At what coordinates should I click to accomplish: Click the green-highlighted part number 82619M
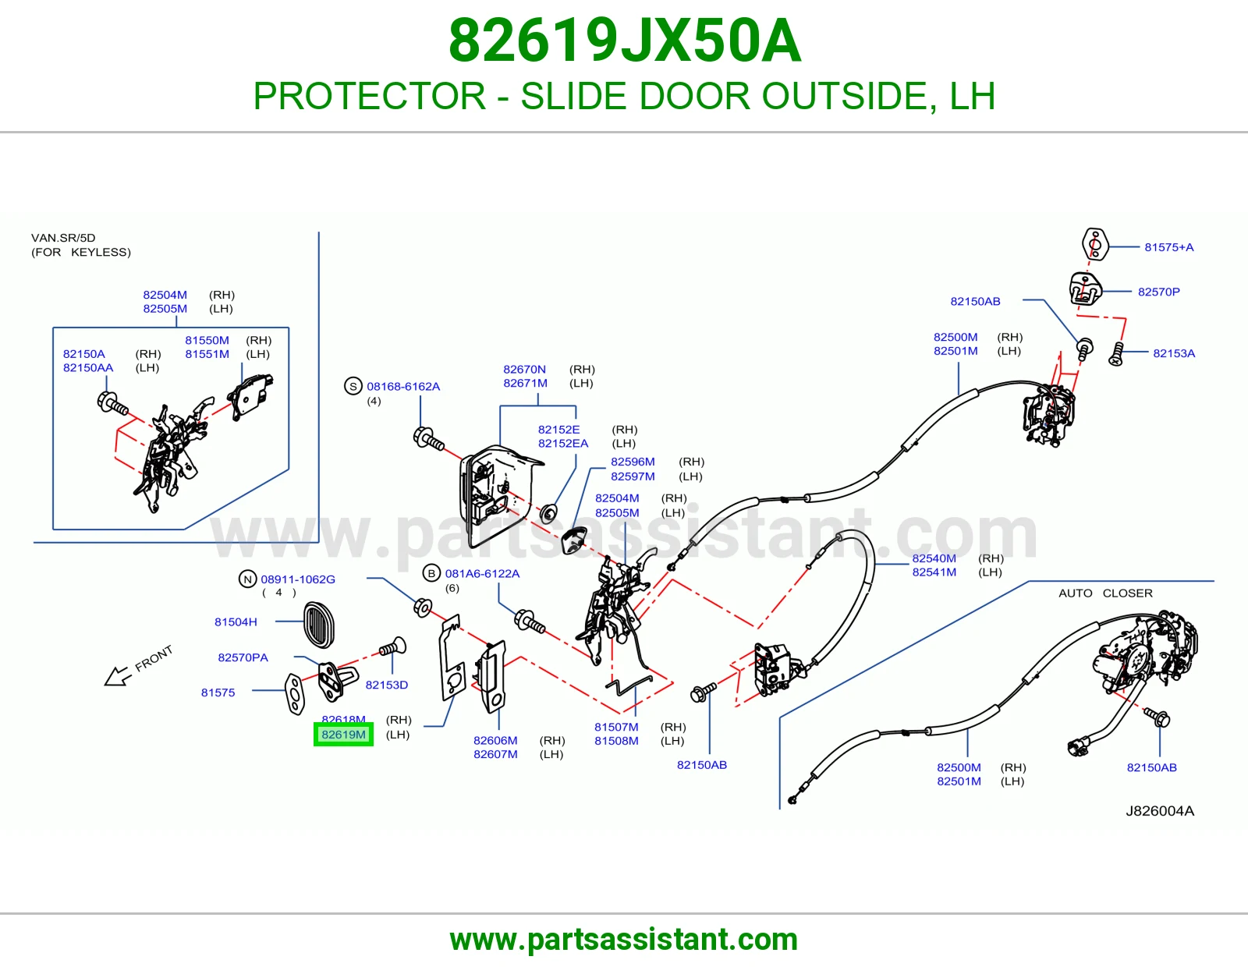tap(343, 735)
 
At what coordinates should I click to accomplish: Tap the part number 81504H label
tap(236, 622)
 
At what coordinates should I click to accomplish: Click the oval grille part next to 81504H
tap(318, 625)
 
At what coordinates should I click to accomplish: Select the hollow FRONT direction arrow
tap(119, 676)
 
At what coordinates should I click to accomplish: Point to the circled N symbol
tap(247, 579)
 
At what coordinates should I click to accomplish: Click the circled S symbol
tap(353, 387)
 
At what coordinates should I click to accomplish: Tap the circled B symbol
tap(431, 573)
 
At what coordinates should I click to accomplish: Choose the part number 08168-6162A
tap(403, 387)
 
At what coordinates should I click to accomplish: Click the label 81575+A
tap(1168, 247)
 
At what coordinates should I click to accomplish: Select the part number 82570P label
tap(1158, 292)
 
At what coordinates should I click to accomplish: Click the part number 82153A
tap(1173, 353)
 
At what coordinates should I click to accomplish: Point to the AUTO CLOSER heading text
tap(1105, 593)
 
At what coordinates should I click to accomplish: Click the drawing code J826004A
tap(1160, 811)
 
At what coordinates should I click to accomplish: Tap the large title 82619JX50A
tap(624, 41)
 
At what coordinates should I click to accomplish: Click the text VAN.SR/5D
tap(63, 238)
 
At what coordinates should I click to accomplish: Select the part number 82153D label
tap(387, 685)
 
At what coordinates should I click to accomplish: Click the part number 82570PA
tap(243, 657)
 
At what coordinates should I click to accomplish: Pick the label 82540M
tap(934, 558)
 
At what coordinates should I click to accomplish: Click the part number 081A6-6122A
tap(482, 573)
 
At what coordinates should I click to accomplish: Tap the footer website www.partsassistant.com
tap(624, 940)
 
